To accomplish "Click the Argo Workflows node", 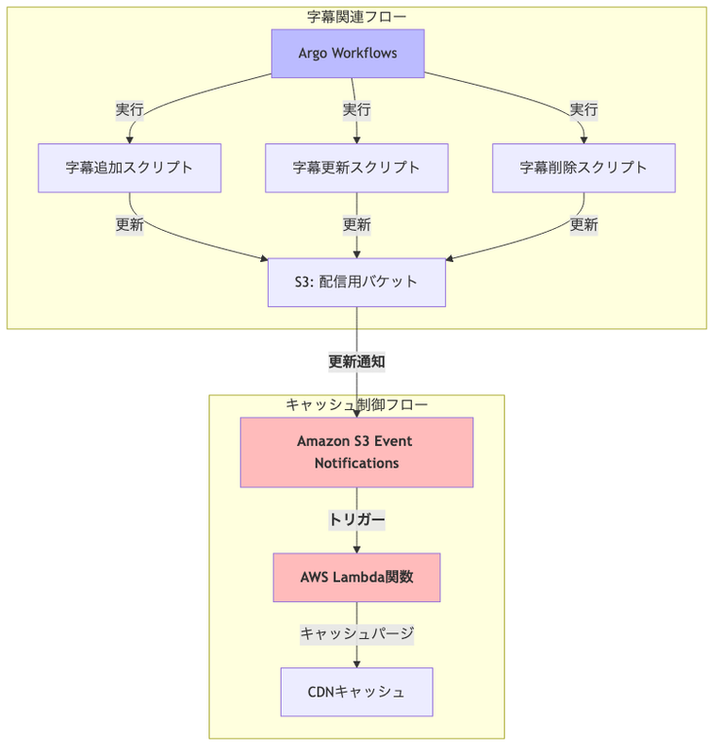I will click(x=348, y=53).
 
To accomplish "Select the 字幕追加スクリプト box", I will click(x=129, y=168).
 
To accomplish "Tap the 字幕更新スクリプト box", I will click(x=356, y=168).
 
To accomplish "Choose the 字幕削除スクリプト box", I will click(x=583, y=168).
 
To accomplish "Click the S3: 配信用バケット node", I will click(x=356, y=282).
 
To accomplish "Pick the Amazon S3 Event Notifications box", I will click(x=356, y=452).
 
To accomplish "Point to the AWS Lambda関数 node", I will click(x=356, y=577).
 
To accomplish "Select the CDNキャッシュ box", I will click(x=356, y=692).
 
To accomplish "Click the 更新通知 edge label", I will click(x=356, y=361).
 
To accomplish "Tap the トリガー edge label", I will click(x=356, y=519).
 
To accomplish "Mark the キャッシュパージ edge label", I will click(x=356, y=634).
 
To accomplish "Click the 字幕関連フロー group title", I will click(x=356, y=16).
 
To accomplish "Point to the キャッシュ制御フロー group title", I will click(x=356, y=404).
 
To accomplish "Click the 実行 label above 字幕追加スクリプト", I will click(x=129, y=109).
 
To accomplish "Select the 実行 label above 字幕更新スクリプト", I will click(x=356, y=109).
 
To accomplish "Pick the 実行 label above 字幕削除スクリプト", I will click(x=583, y=109).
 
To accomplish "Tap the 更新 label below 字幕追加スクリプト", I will click(x=129, y=224).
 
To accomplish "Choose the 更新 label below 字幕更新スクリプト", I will click(x=356, y=224).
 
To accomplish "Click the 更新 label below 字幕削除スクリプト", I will click(x=583, y=224).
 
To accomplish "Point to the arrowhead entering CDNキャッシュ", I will click(x=356, y=664).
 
